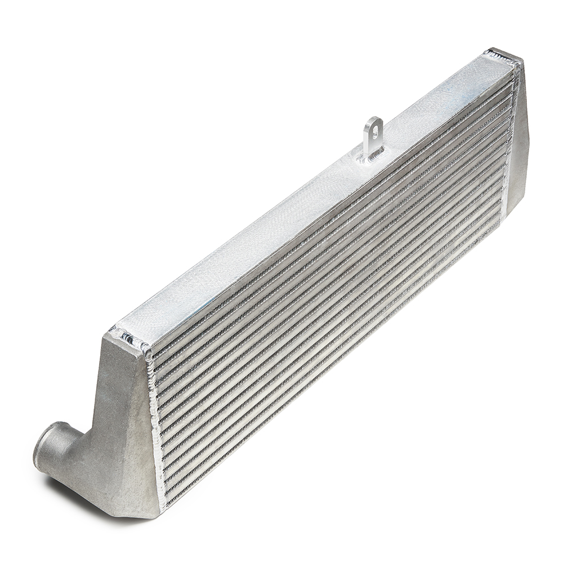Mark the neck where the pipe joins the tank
click(79, 445)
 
